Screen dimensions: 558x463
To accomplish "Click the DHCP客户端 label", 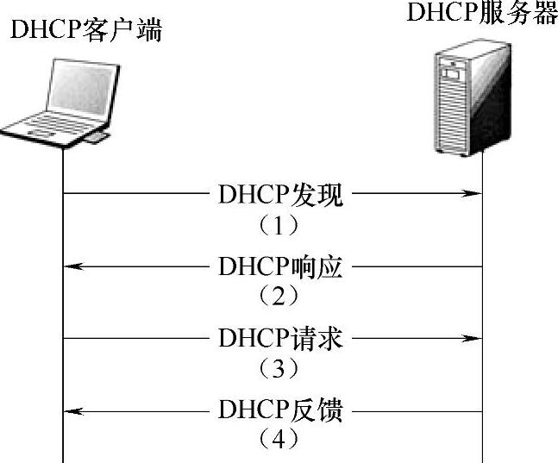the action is point(85,32).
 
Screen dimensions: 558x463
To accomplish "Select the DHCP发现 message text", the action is point(280,196).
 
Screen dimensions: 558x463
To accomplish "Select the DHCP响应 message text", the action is point(280,267).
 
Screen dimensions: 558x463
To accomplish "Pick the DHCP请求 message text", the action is point(280,339).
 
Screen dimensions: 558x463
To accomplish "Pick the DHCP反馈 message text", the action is point(280,410).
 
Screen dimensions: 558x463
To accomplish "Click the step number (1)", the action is point(279,226).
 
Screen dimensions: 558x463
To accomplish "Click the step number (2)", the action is point(279,297).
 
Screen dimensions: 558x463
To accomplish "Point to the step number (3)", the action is point(279,369).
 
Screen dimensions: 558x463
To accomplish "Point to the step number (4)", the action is point(279,440).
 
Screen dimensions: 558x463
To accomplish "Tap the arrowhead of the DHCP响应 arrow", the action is point(73,267).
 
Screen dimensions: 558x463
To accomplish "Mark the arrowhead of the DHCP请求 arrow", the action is point(473,339).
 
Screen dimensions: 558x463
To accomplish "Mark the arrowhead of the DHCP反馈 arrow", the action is point(73,410).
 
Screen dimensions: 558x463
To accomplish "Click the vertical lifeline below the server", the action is point(481,302).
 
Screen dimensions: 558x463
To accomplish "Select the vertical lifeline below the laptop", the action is point(64,302).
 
